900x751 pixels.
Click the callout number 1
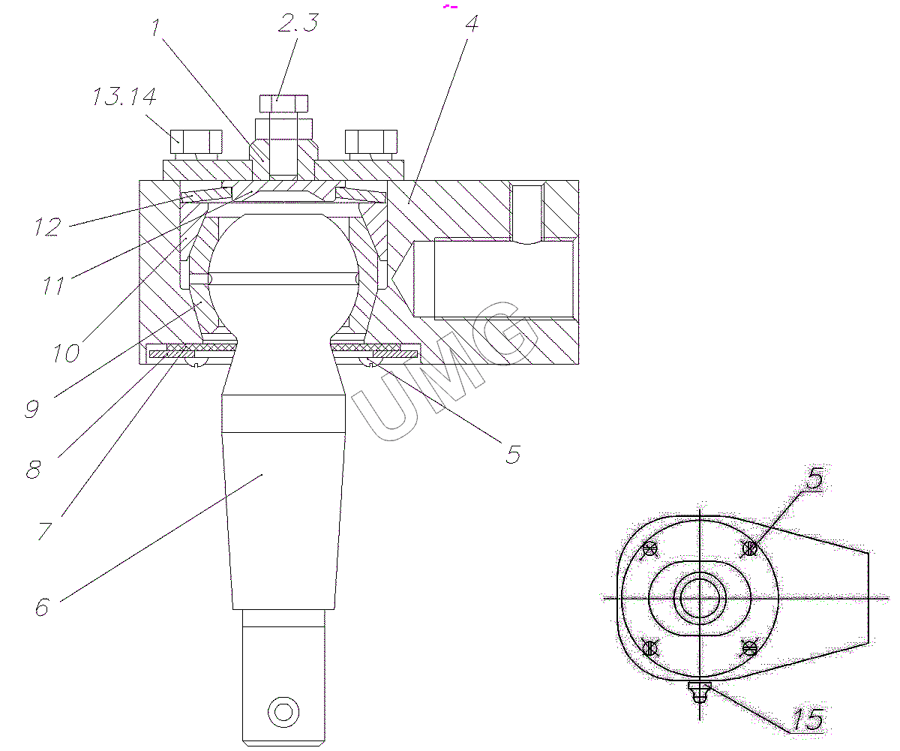(x=156, y=27)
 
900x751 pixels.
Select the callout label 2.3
(x=298, y=23)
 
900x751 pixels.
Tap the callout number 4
(x=472, y=24)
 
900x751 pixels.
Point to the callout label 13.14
(x=124, y=96)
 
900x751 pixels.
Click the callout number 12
(x=48, y=227)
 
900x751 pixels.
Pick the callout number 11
(x=53, y=285)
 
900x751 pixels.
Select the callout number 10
(x=67, y=353)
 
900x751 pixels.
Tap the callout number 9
(x=32, y=409)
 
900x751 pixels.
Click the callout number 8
(x=33, y=470)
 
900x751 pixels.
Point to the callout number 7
(x=45, y=531)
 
